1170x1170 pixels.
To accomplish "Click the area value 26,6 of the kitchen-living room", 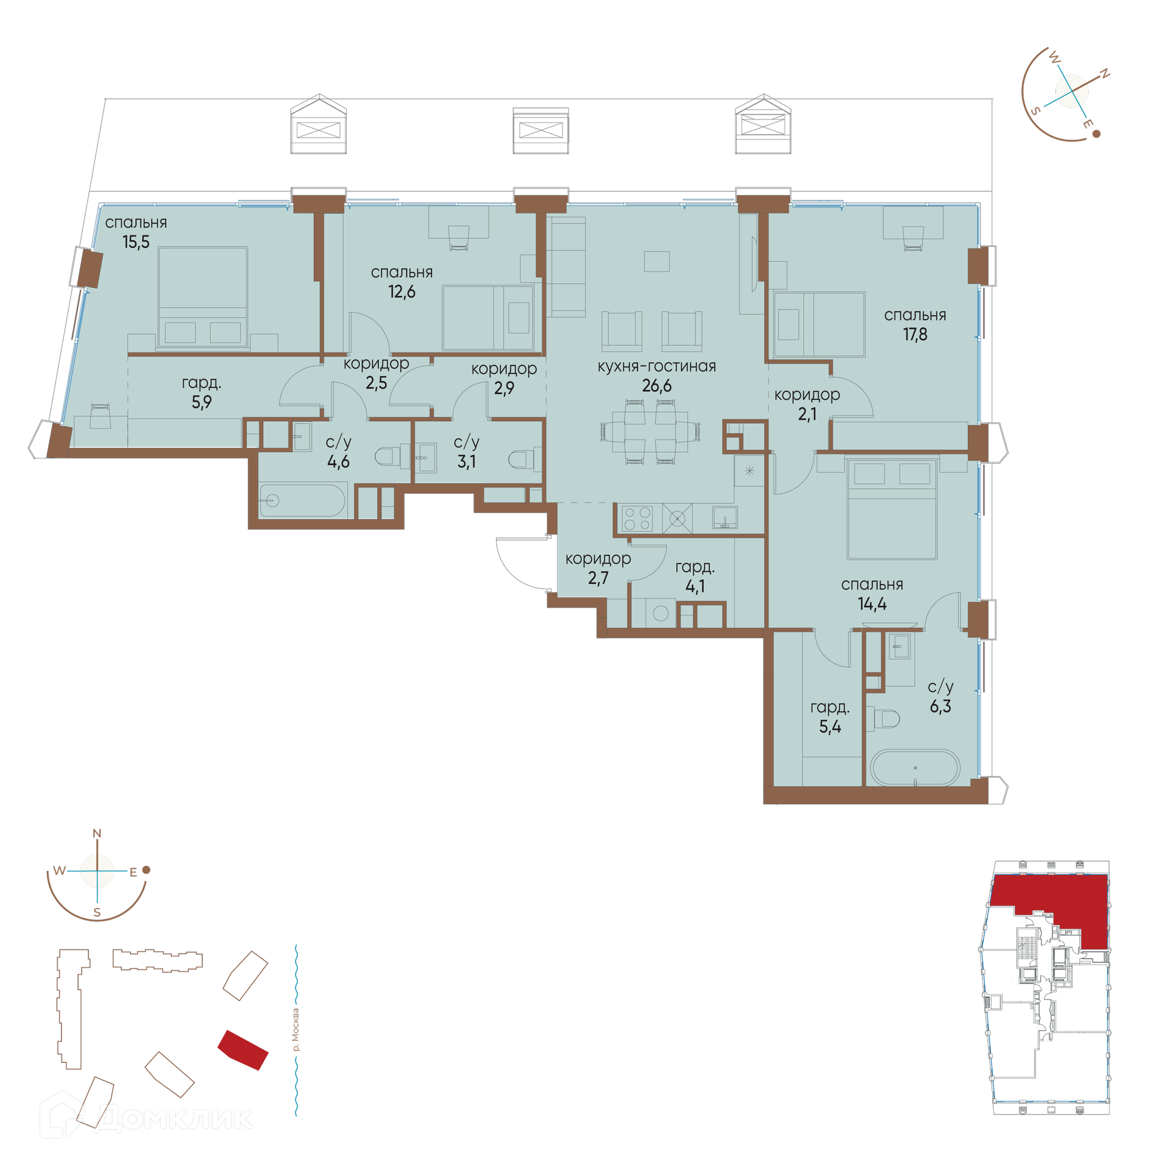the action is (656, 385).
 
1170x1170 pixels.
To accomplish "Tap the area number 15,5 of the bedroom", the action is (136, 242).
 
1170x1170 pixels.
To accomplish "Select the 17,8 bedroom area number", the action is (915, 334).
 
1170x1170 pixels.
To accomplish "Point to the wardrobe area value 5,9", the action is (201, 402).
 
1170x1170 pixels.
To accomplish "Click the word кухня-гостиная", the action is (656, 366).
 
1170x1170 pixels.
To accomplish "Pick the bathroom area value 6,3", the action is (940, 706).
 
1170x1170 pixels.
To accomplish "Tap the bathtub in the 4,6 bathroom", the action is (302, 501).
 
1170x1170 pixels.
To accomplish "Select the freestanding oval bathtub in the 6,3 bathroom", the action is (915, 768).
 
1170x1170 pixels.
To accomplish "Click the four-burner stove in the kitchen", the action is (637, 519).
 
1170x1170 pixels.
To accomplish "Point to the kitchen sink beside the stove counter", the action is (725, 517).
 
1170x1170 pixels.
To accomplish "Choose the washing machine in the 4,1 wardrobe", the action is (661, 613).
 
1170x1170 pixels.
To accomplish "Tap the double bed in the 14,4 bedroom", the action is (892, 509).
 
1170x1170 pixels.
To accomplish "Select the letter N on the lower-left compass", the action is (97, 834).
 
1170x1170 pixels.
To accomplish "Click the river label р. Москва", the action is (296, 1030).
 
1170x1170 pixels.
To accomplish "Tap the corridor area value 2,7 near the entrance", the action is (598, 578).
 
